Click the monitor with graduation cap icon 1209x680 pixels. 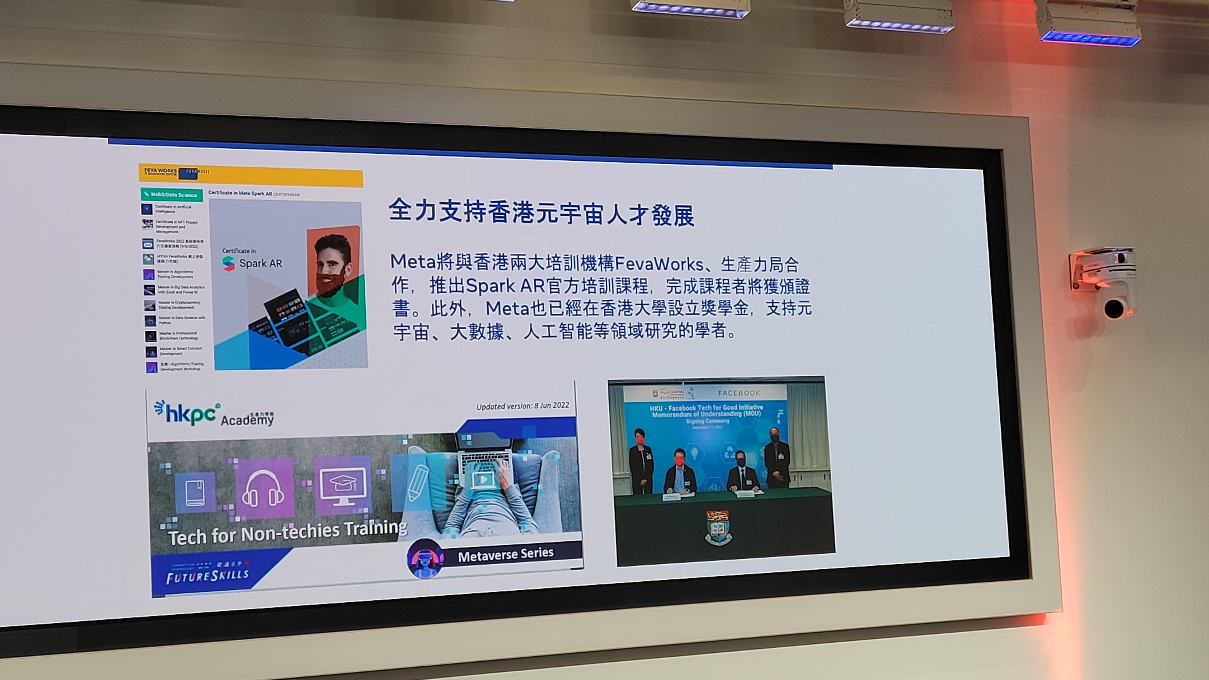343,486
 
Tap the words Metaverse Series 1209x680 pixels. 506,555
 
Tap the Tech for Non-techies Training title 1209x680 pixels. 287,533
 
